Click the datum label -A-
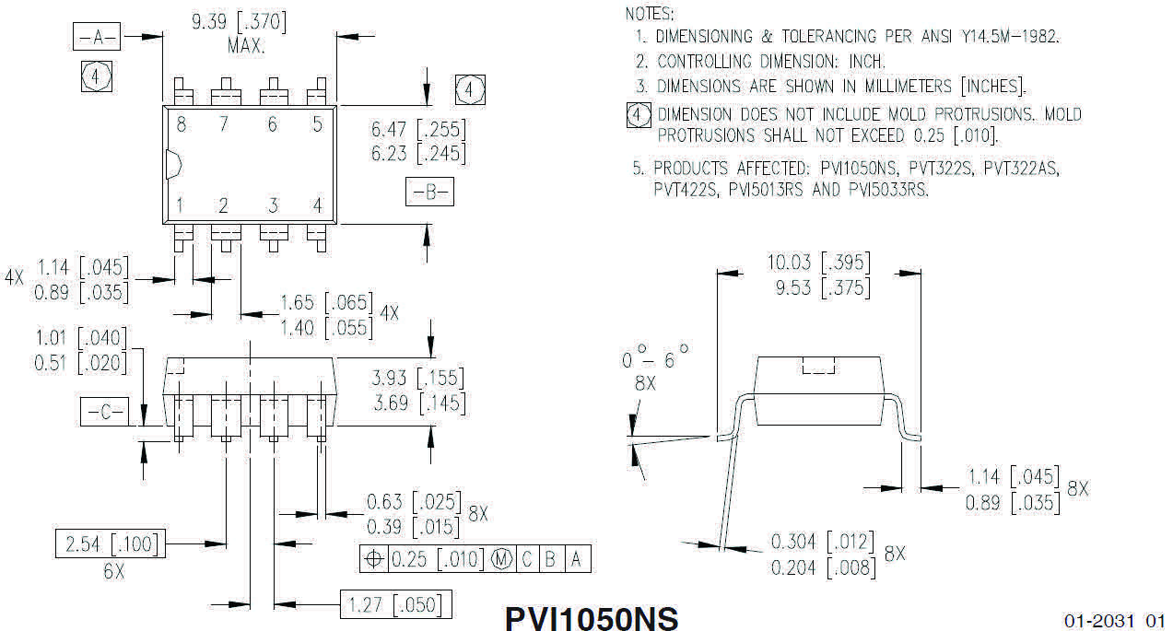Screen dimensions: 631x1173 (x=97, y=37)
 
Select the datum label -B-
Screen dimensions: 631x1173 (x=429, y=193)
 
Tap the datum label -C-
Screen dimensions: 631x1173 (x=106, y=413)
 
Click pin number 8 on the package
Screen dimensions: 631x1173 (x=182, y=125)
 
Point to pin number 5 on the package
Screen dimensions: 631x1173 (x=317, y=125)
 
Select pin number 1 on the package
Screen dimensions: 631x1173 (x=182, y=204)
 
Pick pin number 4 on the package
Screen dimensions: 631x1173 (x=317, y=204)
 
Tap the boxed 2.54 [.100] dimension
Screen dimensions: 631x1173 (x=107, y=544)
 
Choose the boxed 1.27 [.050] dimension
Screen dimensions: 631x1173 (x=396, y=605)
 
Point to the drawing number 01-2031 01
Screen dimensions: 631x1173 (x=1114, y=621)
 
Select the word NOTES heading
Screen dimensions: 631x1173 (x=649, y=14)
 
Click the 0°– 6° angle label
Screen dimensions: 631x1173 (x=654, y=359)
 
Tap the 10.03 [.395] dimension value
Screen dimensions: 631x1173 (x=818, y=263)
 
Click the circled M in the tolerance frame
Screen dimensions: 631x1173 (x=502, y=559)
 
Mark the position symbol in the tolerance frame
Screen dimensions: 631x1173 (x=374, y=559)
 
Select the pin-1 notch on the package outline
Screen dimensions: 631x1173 (x=171, y=164)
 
